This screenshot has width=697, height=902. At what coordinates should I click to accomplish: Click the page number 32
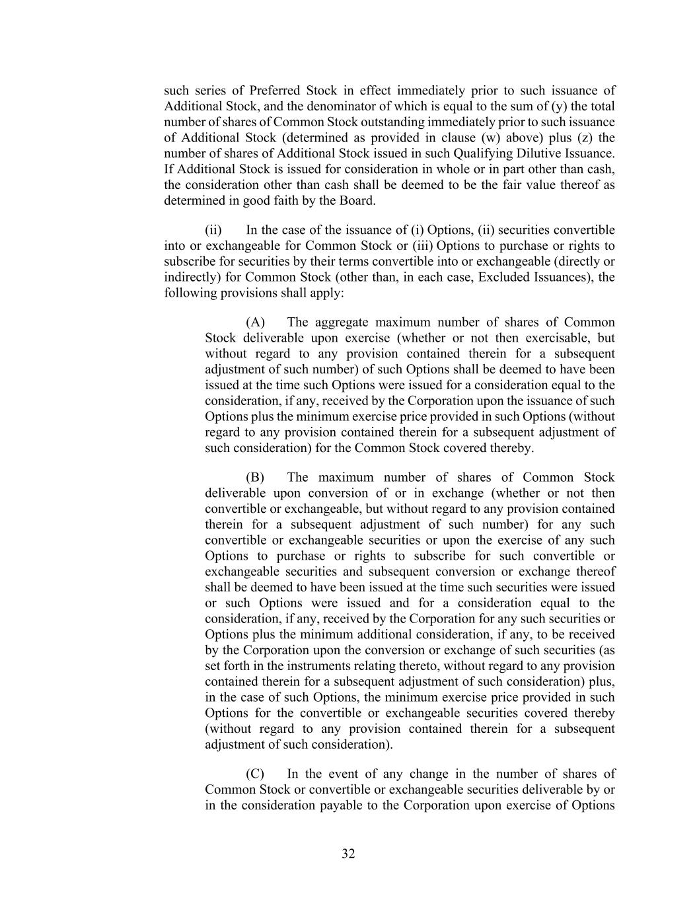(x=348, y=854)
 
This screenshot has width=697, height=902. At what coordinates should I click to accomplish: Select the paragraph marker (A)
(x=255, y=322)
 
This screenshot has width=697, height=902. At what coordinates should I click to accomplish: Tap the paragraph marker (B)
(x=255, y=477)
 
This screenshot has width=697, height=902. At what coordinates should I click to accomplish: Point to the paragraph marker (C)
(x=255, y=774)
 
